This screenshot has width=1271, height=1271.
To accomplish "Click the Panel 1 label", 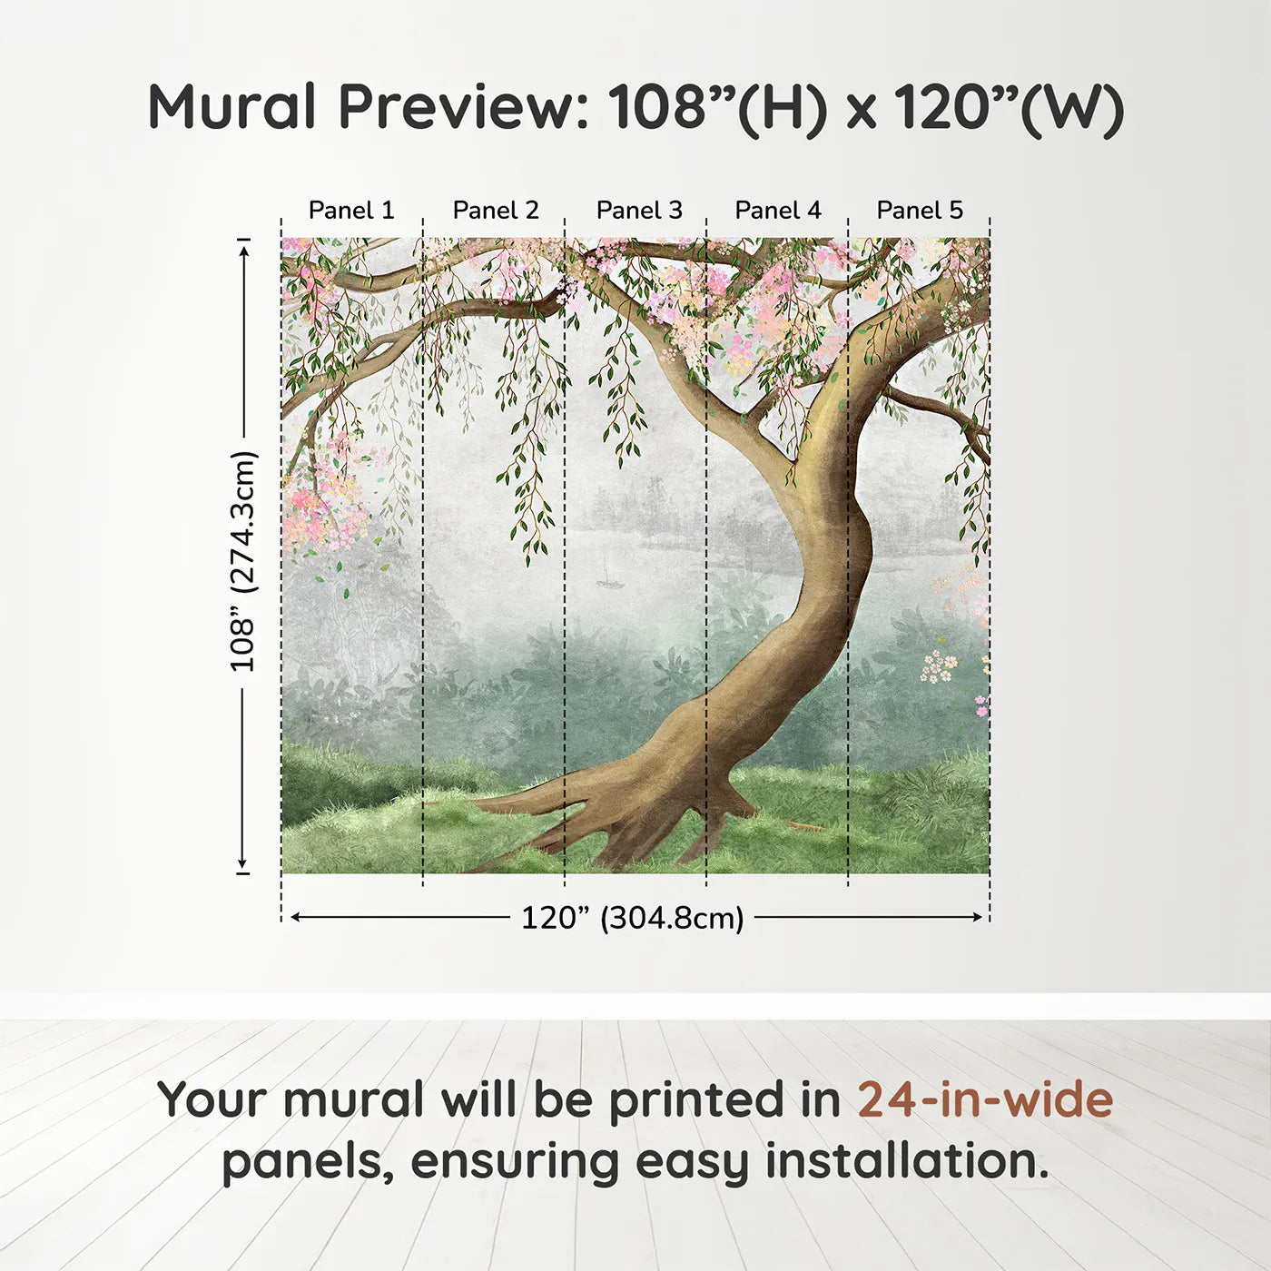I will pos(351,210).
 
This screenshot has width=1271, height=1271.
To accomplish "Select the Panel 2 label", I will pos(496,210).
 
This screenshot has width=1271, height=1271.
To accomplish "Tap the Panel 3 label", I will pos(639,210).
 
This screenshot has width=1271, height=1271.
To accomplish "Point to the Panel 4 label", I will pos(778,210).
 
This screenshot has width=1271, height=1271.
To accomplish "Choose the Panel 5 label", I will pos(920,210).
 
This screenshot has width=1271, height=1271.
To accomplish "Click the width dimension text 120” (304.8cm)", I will pos(632,918).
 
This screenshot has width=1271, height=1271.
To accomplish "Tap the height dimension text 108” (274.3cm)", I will pos(243,561).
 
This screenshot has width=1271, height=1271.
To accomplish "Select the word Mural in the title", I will pos(232,107).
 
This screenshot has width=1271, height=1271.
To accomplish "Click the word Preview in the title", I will pos(464,107).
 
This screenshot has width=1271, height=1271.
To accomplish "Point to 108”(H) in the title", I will pos(717,107).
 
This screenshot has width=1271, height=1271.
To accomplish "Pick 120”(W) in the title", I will pos(1009,107).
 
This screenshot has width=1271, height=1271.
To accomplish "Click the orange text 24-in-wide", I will pos(985,1100).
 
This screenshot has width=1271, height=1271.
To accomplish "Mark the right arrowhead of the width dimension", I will pos(978,917).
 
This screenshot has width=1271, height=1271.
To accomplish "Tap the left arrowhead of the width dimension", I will pos(295,917).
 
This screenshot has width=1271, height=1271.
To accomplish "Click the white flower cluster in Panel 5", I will pos(939,665).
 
